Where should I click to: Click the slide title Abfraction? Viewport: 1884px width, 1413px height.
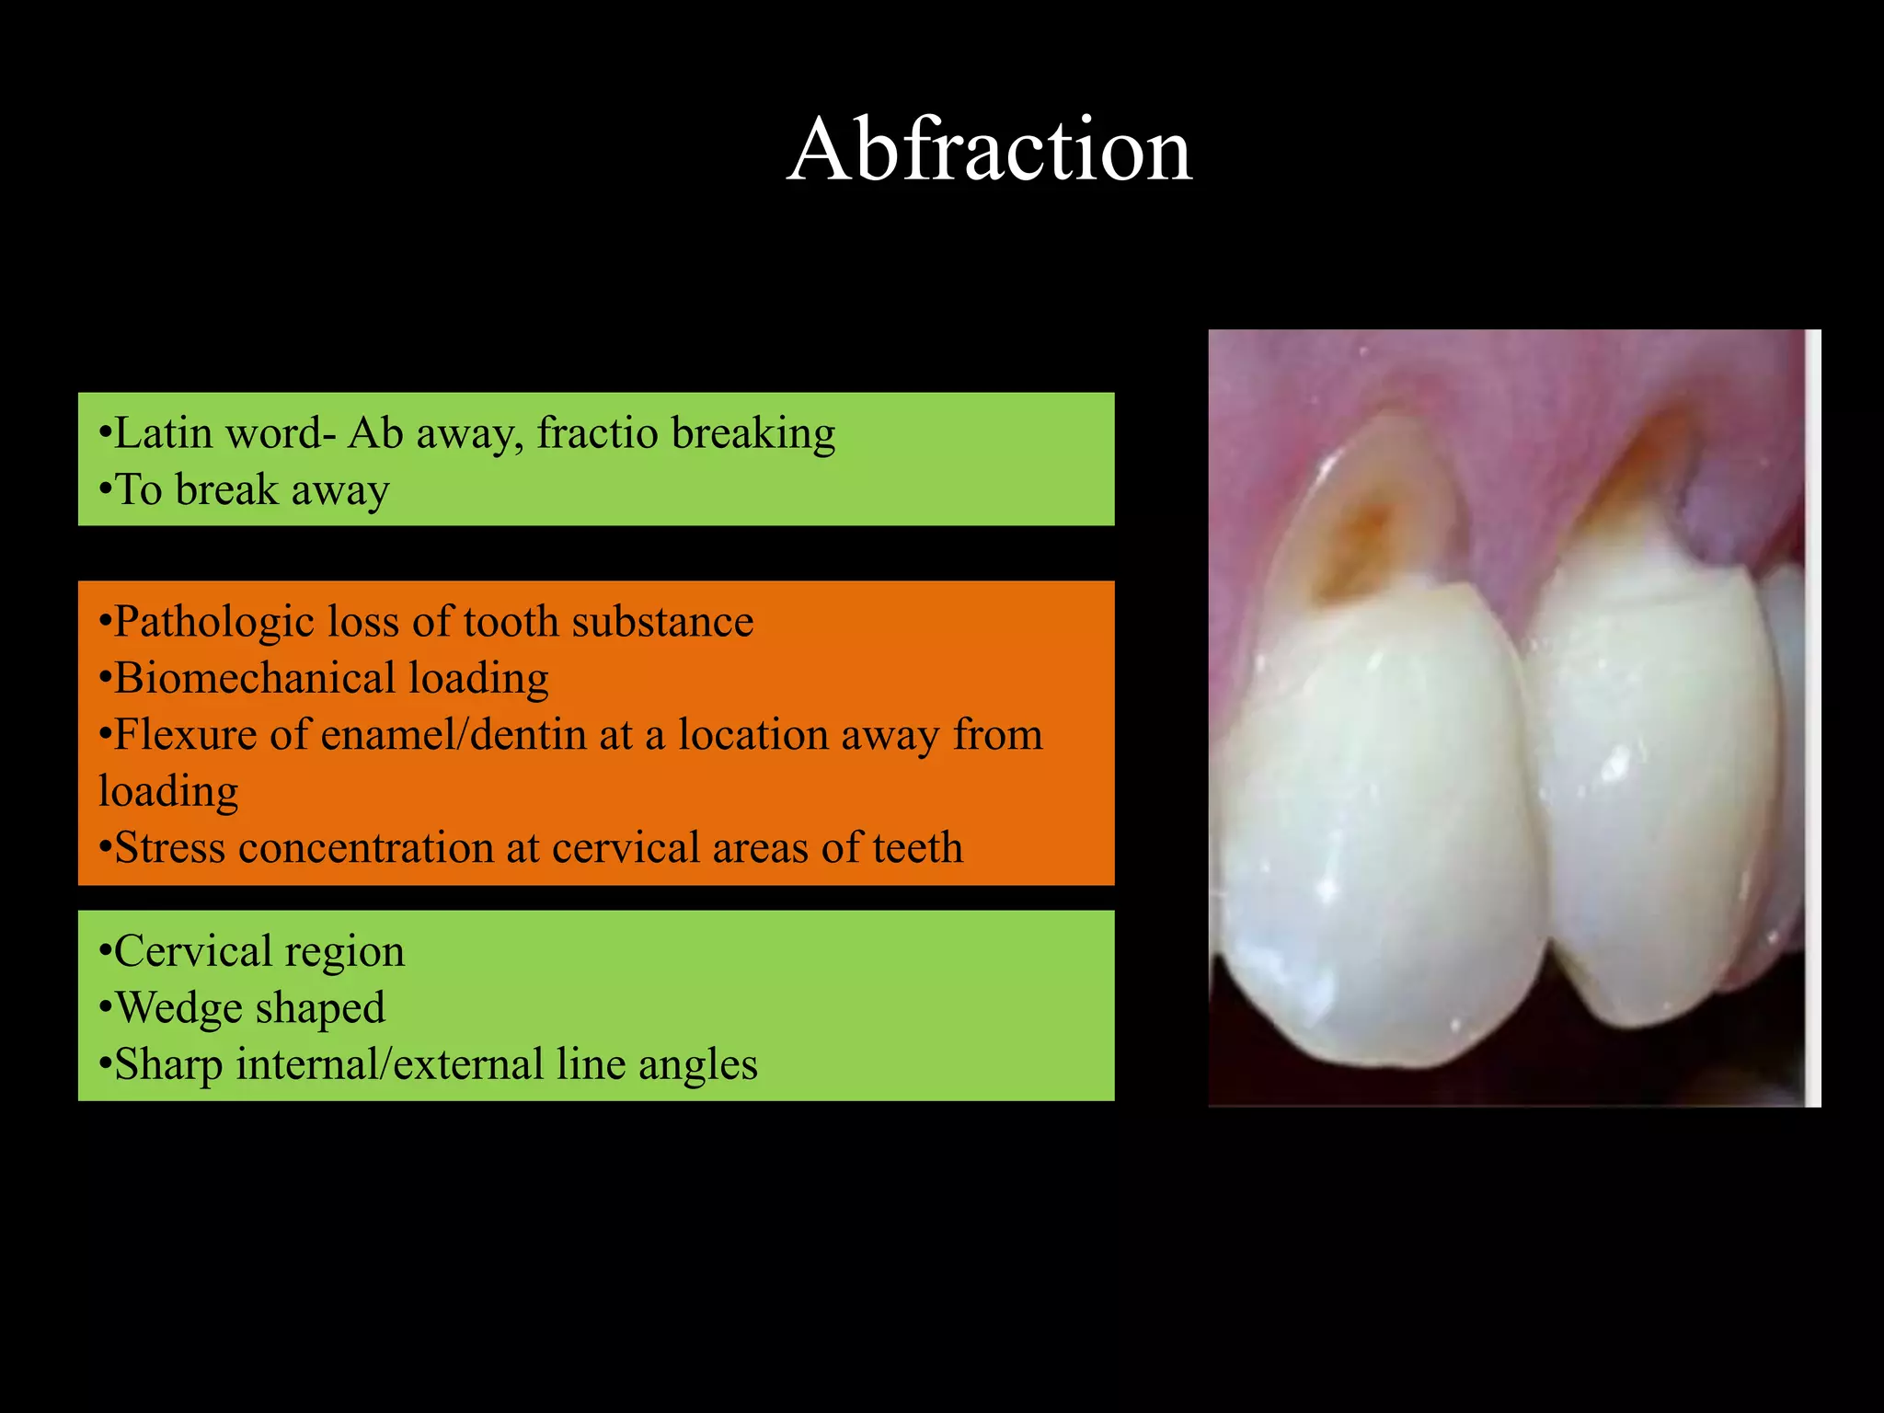(x=989, y=149)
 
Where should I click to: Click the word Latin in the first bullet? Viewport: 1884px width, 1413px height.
(x=164, y=433)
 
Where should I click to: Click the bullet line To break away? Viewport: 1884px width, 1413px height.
(x=245, y=490)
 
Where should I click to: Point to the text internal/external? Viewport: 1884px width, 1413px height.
(x=390, y=1065)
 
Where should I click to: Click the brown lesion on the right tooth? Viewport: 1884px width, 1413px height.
(x=1637, y=478)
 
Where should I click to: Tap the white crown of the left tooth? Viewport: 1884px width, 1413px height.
(x=1380, y=828)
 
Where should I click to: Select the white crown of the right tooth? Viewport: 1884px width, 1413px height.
(x=1647, y=782)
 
